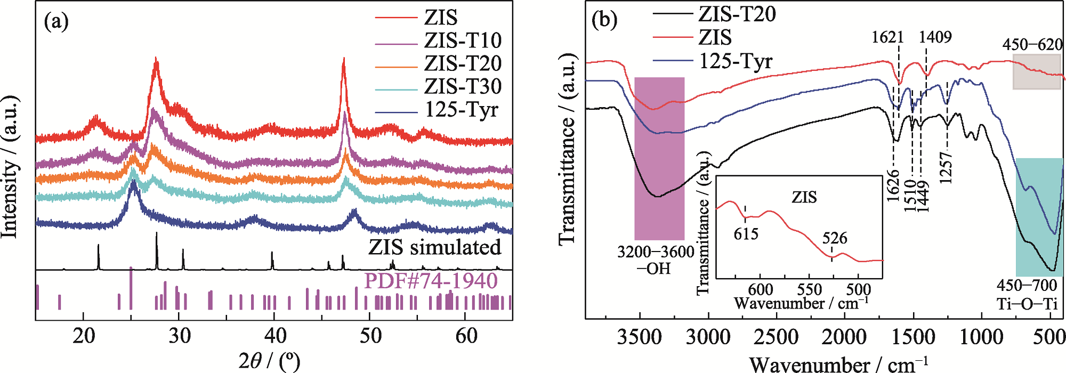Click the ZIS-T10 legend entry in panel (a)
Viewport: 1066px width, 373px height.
(463, 40)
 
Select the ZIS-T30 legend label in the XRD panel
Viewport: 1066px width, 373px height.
(463, 86)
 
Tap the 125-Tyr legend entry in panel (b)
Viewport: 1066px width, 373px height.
(736, 61)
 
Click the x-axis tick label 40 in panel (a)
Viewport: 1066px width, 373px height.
(274, 336)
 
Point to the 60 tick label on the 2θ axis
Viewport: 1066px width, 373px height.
(466, 336)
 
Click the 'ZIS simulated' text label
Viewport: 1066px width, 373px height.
(434, 247)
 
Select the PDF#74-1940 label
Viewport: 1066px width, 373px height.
(431, 281)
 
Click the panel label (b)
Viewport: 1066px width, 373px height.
(604, 20)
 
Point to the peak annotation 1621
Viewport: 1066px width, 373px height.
(887, 37)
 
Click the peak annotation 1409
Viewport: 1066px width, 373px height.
(935, 37)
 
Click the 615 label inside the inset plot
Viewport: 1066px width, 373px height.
(746, 233)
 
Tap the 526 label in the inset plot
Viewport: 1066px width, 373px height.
(835, 238)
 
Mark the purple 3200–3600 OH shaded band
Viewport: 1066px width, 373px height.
(659, 158)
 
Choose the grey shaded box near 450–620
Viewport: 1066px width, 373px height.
(1037, 71)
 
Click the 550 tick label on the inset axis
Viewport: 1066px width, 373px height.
(810, 290)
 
